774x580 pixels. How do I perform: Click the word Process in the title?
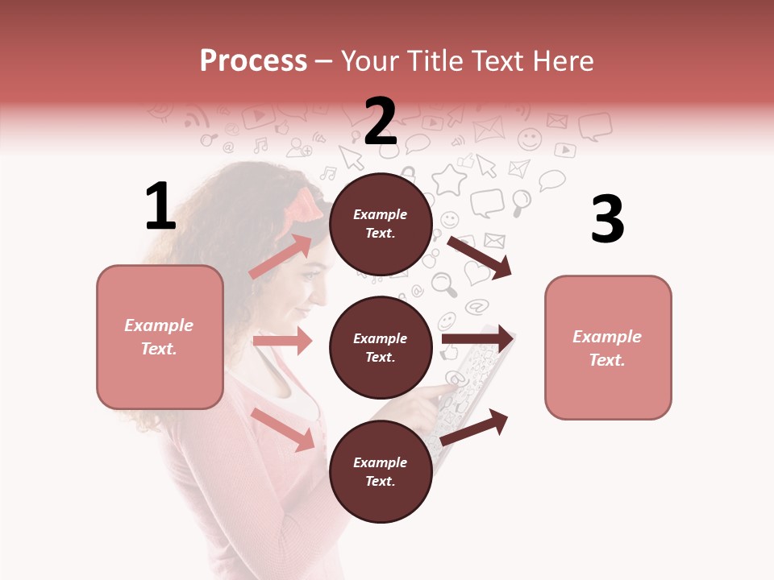(x=253, y=60)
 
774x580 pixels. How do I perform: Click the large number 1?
(x=160, y=207)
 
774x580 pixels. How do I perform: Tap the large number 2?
(x=381, y=121)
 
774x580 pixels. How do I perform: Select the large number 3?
(x=607, y=220)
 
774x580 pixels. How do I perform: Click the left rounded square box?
(x=160, y=337)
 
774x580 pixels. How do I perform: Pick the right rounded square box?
(x=608, y=347)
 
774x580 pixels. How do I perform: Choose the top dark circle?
(x=381, y=223)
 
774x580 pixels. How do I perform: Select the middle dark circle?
(x=381, y=347)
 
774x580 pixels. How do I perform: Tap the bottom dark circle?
(x=381, y=471)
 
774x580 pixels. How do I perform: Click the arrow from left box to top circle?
(x=281, y=256)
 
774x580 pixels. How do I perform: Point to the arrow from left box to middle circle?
(x=282, y=341)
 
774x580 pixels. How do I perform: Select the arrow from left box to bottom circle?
(x=283, y=429)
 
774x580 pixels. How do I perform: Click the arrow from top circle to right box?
(x=479, y=257)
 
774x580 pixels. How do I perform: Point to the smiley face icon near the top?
(x=530, y=139)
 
